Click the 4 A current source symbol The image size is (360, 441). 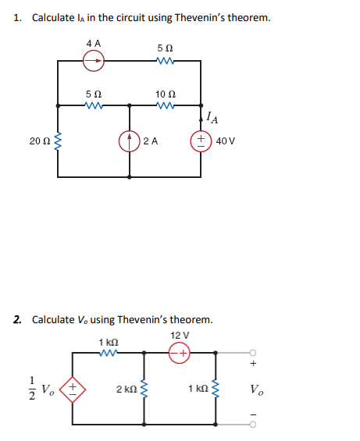(x=94, y=58)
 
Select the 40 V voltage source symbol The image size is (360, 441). (x=201, y=141)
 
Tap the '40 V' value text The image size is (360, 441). (x=226, y=141)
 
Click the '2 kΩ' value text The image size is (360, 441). (x=124, y=388)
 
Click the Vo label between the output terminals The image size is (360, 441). (x=257, y=388)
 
